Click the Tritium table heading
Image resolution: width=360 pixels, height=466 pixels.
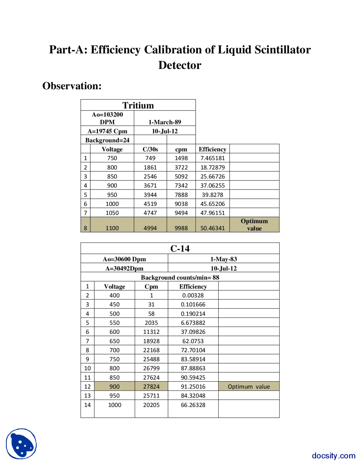pyautogui.click(x=138, y=105)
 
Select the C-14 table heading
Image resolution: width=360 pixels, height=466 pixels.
pyautogui.click(x=180, y=248)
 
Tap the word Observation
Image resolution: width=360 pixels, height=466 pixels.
pyautogui.click(x=72, y=86)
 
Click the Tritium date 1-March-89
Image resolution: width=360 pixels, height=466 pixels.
pyautogui.click(x=165, y=122)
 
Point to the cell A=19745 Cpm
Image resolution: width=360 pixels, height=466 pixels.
pyautogui.click(x=107, y=131)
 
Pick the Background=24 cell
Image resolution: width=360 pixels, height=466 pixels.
pyautogui.click(x=107, y=140)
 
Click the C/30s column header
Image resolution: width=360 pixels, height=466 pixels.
pyautogui.click(x=150, y=149)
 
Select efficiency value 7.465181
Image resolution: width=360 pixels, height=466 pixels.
pyautogui.click(x=212, y=158)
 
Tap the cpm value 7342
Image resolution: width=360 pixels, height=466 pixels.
pyautogui.click(x=181, y=185)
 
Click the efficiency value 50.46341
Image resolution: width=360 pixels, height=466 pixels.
pyautogui.click(x=212, y=228)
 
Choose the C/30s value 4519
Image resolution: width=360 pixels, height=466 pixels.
pyautogui.click(x=150, y=204)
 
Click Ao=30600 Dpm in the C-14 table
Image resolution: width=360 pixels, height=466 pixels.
pyautogui.click(x=124, y=259)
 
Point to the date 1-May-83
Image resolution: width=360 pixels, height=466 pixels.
pyautogui.click(x=224, y=259)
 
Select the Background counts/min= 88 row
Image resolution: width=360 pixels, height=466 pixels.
pyautogui.click(x=180, y=277)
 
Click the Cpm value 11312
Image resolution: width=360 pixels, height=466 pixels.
pyautogui.click(x=151, y=332)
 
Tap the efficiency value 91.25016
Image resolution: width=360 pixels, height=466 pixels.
pyautogui.click(x=193, y=386)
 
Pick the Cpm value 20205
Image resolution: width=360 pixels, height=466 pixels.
pyautogui.click(x=151, y=405)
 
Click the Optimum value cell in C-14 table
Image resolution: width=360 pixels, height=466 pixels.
pyautogui.click(x=249, y=386)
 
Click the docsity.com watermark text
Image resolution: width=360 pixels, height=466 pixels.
pyautogui.click(x=333, y=455)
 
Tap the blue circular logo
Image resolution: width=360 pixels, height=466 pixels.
pyautogui.click(x=21, y=444)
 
